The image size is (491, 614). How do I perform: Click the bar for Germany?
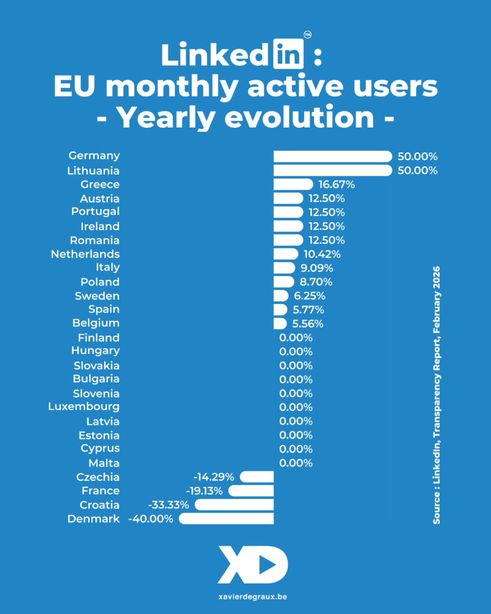tap(332, 156)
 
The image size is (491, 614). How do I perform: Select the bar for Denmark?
tap(227, 519)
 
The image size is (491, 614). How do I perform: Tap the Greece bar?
tap(293, 184)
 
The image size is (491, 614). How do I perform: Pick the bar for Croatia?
tap(234, 505)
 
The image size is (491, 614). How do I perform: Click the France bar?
tap(251, 491)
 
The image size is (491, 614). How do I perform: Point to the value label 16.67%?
tap(336, 184)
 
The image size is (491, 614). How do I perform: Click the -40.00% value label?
tap(151, 519)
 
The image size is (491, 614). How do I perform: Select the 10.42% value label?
tap(321, 254)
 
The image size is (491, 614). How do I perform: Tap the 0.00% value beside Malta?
tap(296, 463)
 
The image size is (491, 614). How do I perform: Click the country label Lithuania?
tap(94, 170)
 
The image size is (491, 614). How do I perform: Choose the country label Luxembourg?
tap(84, 407)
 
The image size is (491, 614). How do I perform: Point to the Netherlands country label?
tap(85, 254)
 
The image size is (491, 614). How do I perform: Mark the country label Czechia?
tap(98, 477)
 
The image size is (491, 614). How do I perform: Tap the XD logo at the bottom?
tap(252, 564)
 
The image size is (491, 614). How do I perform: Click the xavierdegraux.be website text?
tap(245, 597)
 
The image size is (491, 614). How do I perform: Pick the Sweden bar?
tap(281, 296)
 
